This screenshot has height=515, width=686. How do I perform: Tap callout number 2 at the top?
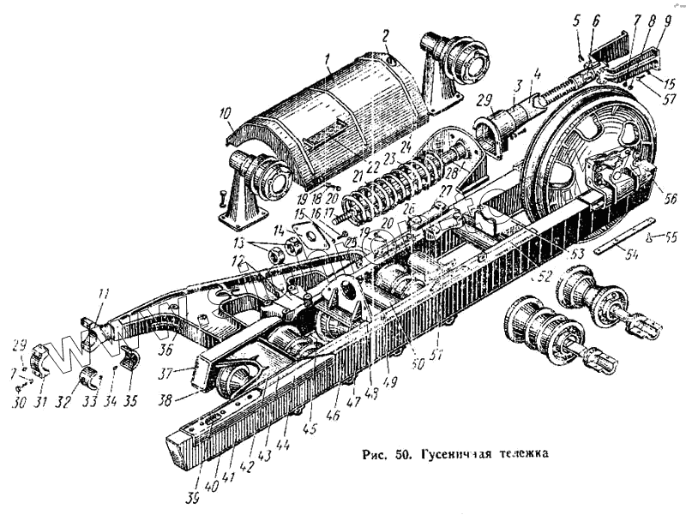pos(386,36)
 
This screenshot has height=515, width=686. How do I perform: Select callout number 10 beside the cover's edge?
pos(224,113)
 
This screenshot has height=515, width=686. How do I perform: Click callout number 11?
pos(102,296)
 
